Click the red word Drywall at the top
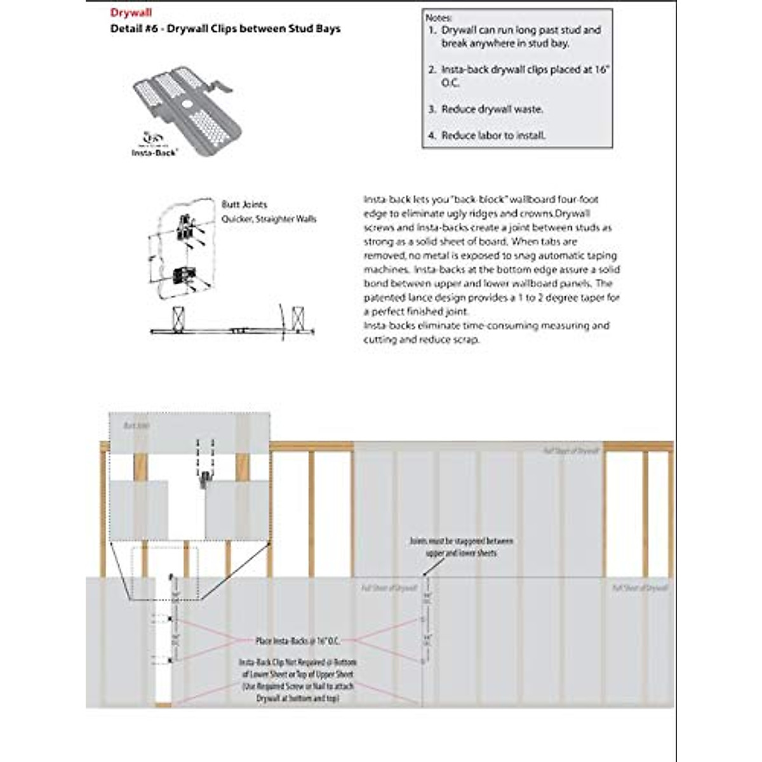pos(131,13)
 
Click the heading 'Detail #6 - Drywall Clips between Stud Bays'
pos(225,29)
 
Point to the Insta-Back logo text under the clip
pos(154,152)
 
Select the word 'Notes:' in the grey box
pos(439,18)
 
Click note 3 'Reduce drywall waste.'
pos(492,109)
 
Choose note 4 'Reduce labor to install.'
pos(493,135)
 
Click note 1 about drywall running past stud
pos(521,37)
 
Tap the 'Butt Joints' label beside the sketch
pos(244,204)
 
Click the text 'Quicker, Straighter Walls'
pos(269,219)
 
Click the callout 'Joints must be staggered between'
pos(462,541)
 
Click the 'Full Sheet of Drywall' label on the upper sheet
pos(571,451)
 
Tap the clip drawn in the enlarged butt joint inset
pos(204,476)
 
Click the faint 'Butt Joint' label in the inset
pos(137,425)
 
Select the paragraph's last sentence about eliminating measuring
pos(486,332)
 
